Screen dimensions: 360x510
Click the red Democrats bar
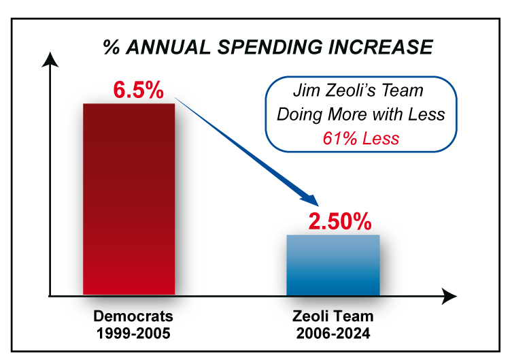click(129, 199)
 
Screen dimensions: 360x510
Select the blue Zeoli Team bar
click(333, 265)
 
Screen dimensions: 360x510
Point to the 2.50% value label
click(340, 221)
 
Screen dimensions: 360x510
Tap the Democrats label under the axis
click(133, 316)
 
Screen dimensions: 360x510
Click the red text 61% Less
click(360, 138)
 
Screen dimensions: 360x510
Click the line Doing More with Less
click(360, 114)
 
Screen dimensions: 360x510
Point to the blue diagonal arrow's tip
click(316, 204)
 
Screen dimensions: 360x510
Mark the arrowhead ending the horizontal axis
click(450, 296)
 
